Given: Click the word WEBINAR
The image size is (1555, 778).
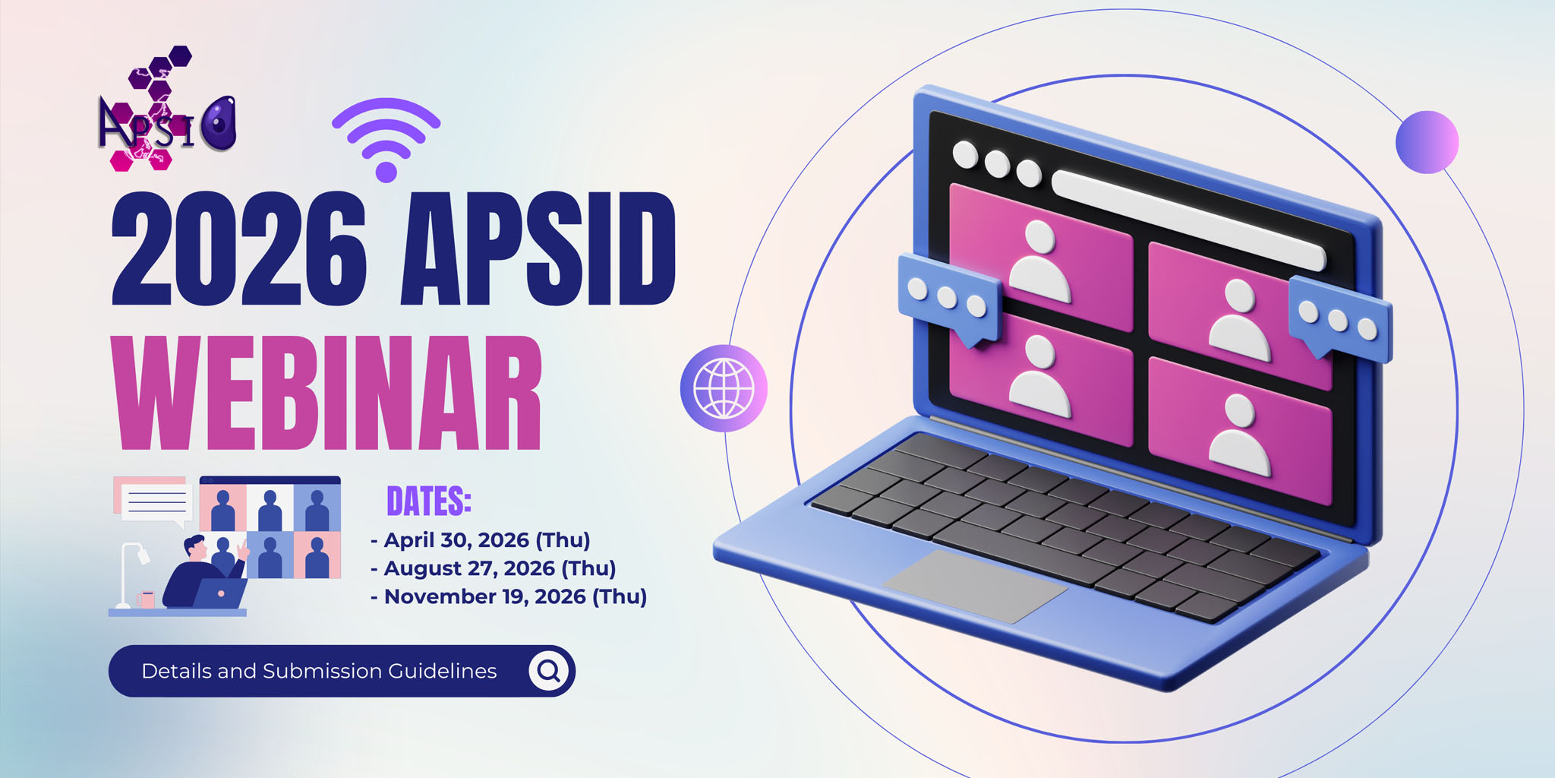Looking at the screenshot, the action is (x=327, y=393).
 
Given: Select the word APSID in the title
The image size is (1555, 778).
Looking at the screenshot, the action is (x=538, y=248).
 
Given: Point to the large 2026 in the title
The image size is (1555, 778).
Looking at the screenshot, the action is (x=239, y=248).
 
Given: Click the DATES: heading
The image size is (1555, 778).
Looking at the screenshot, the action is (x=429, y=501).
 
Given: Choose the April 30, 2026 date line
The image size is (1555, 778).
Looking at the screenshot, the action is (x=481, y=540).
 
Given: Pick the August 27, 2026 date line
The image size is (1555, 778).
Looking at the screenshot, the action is (x=494, y=568).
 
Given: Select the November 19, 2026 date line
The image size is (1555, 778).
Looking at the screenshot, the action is (x=509, y=596).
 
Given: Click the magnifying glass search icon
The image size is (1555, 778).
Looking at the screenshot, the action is (x=549, y=671).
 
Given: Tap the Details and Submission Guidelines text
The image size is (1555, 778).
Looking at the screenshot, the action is (x=319, y=671).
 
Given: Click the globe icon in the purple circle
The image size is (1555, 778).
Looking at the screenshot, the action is (x=724, y=388).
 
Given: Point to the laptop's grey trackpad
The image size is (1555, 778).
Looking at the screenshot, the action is (x=976, y=587).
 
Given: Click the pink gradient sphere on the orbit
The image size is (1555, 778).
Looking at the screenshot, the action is (x=1427, y=142).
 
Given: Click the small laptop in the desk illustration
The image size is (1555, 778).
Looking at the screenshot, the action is (x=219, y=593).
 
